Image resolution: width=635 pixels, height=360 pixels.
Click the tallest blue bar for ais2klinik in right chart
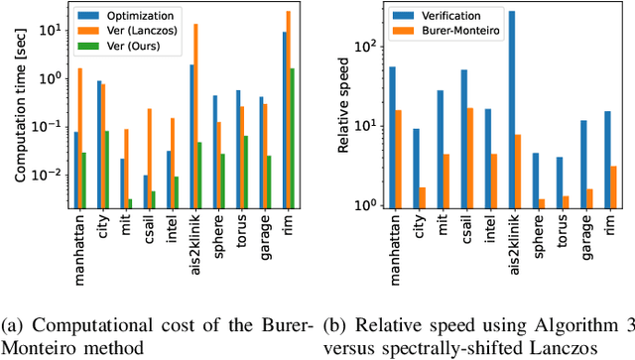[x=512, y=110]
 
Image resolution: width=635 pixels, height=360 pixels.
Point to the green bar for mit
[x=129, y=203]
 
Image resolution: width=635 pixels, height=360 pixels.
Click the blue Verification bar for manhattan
[x=392, y=138]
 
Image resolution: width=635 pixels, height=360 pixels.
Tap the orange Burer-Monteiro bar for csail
[x=470, y=159]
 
